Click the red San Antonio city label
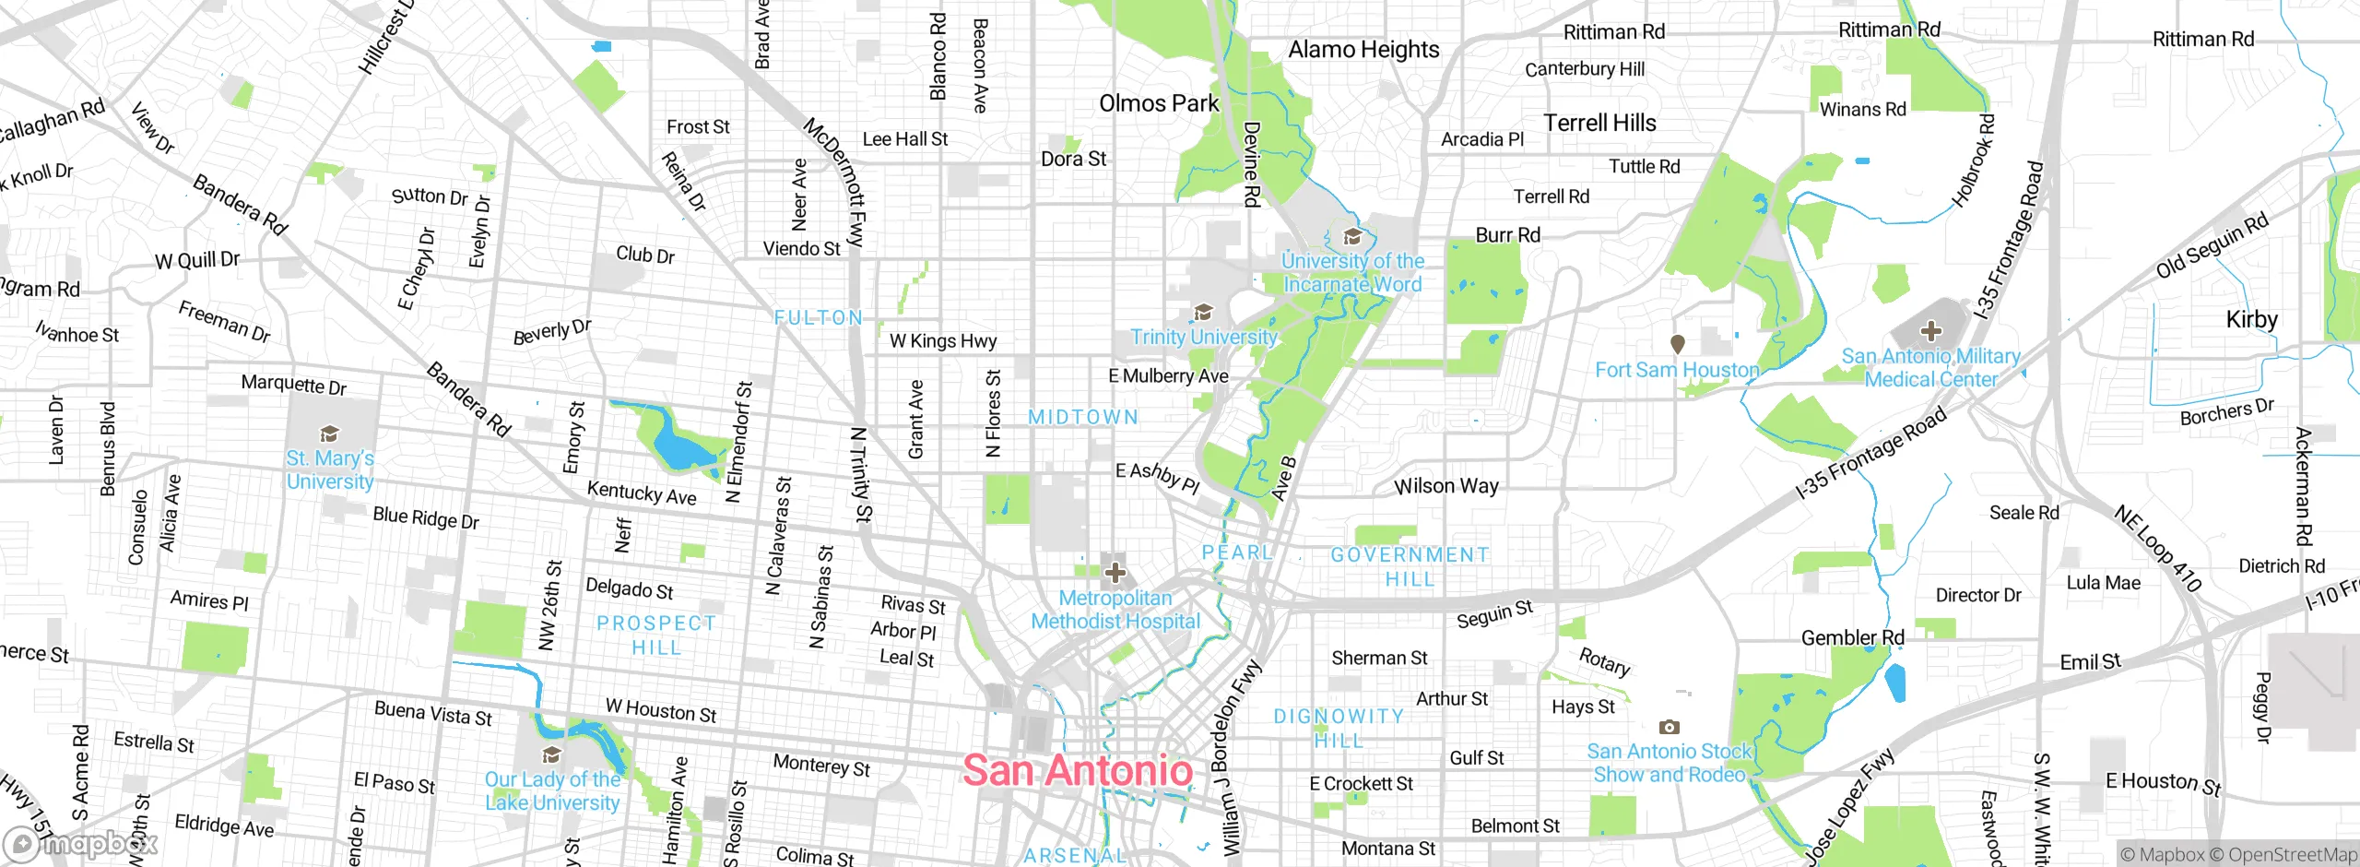[1078, 770]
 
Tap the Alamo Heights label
[1363, 50]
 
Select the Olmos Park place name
[1159, 103]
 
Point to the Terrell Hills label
[1599, 123]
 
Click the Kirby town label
[2251, 319]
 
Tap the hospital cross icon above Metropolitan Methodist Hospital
[1115, 573]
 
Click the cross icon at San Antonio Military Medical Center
[1930, 331]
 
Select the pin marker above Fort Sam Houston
[1678, 344]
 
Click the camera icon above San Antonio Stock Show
[1669, 727]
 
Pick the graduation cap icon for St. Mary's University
[329, 433]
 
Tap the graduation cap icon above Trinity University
[1203, 312]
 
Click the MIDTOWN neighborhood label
[1083, 417]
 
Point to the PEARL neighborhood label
[1236, 552]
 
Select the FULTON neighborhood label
[819, 318]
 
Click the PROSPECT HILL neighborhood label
[656, 635]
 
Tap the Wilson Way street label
[1445, 486]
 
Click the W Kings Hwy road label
[943, 341]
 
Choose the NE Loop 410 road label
[2157, 548]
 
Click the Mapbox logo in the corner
[81, 844]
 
